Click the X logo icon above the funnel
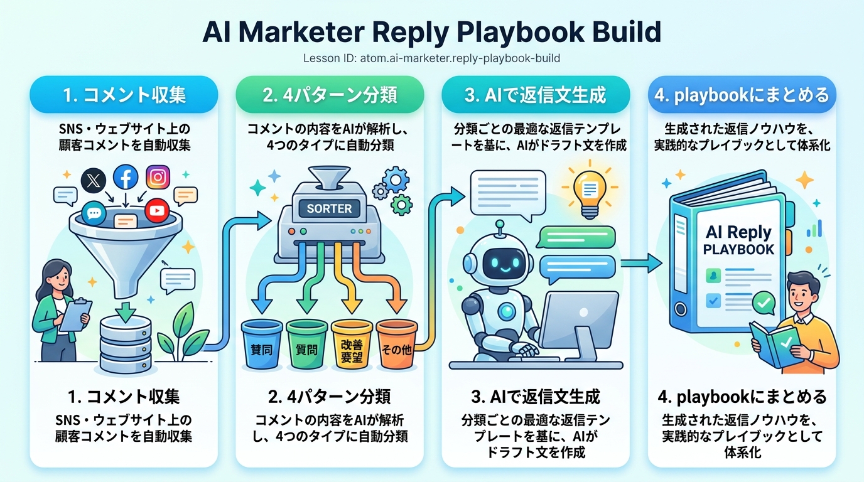94,181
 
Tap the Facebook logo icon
126,178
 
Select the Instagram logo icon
158,178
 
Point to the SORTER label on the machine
329,208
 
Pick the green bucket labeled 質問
306,344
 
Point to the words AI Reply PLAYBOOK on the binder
738,240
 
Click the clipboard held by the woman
75,314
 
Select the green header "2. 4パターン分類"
330,95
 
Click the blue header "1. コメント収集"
124,95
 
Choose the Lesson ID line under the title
431,58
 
